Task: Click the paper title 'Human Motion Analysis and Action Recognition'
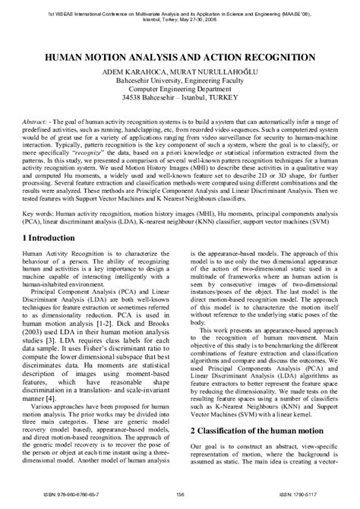(x=179, y=55)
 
